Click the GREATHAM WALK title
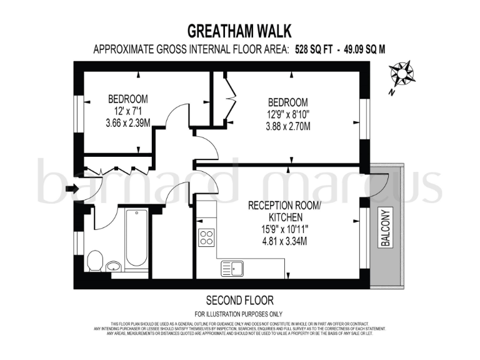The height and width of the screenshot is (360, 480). pyautogui.click(x=239, y=31)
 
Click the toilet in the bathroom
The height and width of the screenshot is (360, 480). pyautogui.click(x=94, y=261)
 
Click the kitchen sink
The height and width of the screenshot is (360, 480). pyautogui.click(x=232, y=269)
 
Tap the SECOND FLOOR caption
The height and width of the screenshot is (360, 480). pyautogui.click(x=239, y=300)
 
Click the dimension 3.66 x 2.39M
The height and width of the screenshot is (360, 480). pyautogui.click(x=127, y=123)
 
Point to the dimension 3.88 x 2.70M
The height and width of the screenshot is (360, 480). pyautogui.click(x=287, y=127)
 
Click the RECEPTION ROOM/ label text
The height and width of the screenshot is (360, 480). pyautogui.click(x=276, y=206)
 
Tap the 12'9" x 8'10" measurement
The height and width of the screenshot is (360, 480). pyautogui.click(x=287, y=115)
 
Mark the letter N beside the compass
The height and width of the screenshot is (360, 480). pyautogui.click(x=390, y=92)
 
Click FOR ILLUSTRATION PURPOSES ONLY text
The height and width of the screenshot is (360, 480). pyautogui.click(x=239, y=313)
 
